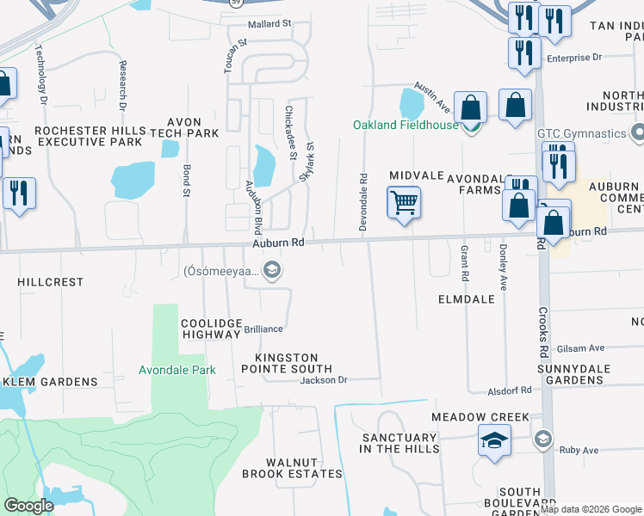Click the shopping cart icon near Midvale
tap(403, 204)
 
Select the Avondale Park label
tap(177, 371)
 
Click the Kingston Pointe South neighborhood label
tap(287, 363)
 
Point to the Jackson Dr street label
tap(323, 380)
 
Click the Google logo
tap(28, 505)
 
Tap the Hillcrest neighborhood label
tap(51, 282)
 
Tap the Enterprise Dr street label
tap(574, 58)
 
